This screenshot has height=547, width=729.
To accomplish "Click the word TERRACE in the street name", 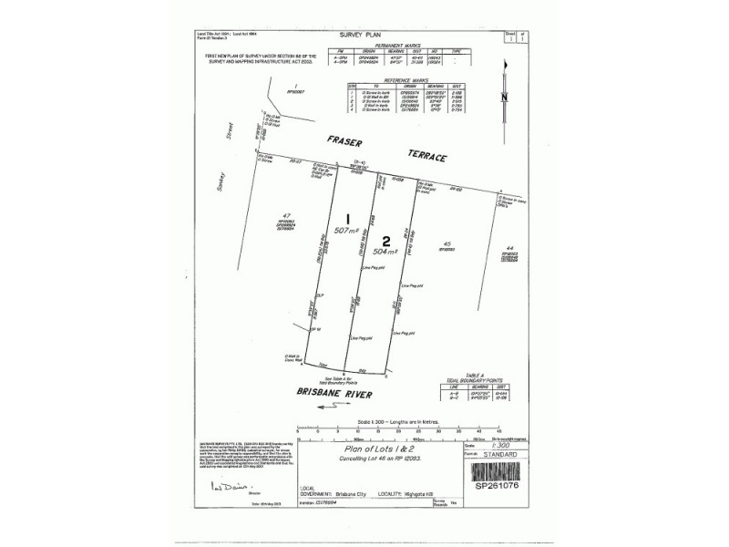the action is (424, 157).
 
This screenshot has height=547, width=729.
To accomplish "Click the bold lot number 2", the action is (386, 241).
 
